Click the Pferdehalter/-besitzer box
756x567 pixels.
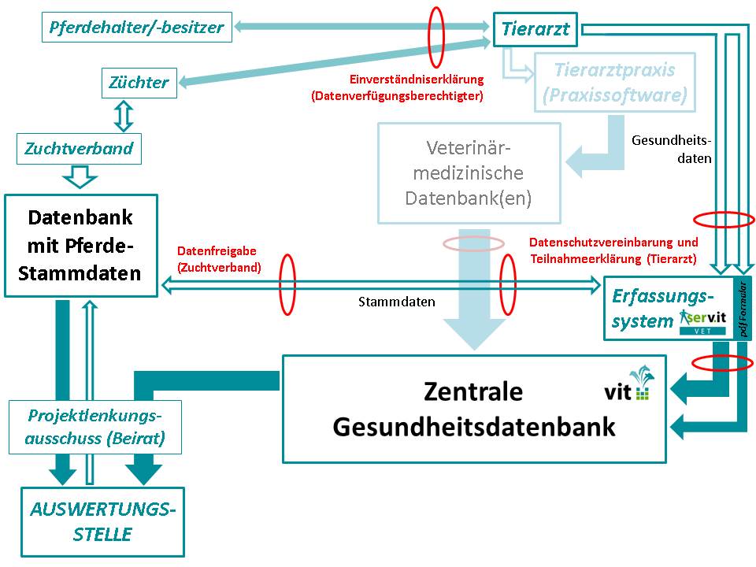(137, 28)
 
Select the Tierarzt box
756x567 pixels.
(535, 30)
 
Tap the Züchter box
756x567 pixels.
(139, 83)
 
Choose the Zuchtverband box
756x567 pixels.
(79, 148)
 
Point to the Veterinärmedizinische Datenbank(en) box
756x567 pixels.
(469, 172)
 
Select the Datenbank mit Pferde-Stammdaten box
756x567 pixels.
(80, 245)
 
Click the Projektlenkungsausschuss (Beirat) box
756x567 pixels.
(95, 427)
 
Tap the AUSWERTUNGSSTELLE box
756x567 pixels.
(102, 521)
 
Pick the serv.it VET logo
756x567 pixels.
(705, 321)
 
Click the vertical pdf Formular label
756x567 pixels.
(743, 308)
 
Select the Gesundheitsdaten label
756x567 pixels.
(672, 149)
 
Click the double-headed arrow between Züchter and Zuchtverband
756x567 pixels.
(122, 116)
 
